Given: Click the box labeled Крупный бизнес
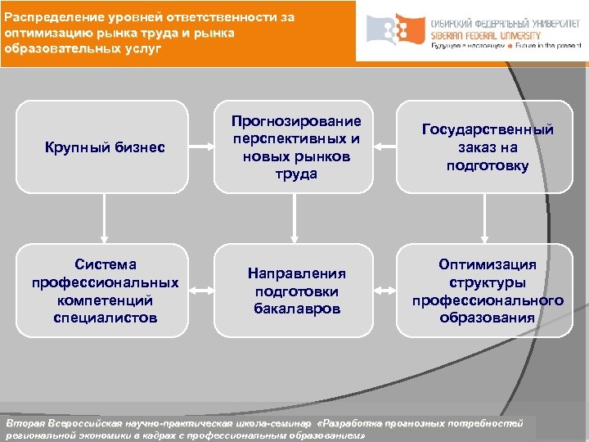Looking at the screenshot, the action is click(104, 147).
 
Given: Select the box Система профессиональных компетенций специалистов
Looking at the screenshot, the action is click(104, 290).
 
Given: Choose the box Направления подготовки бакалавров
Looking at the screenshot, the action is click(297, 290).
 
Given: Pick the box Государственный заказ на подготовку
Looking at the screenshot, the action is click(487, 147).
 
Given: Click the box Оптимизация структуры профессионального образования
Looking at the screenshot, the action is click(487, 290).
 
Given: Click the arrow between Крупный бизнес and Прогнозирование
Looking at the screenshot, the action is click(201, 147).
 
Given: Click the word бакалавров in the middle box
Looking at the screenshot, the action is click(297, 309).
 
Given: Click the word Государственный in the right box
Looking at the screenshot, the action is click(488, 129).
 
